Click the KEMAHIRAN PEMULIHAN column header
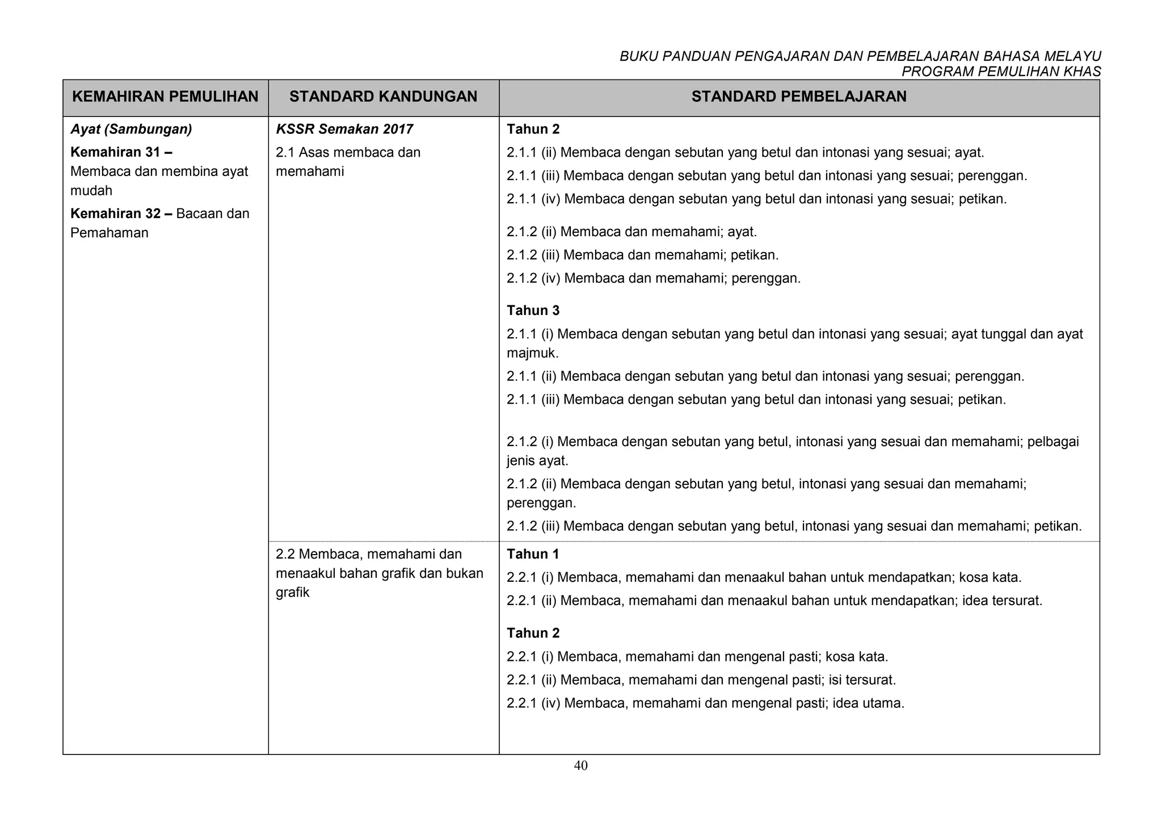(165, 97)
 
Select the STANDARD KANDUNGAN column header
(383, 97)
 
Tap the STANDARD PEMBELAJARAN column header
(799, 97)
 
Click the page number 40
(580, 766)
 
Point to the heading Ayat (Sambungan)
(131, 129)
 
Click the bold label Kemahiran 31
(121, 153)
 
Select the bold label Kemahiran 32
(121, 214)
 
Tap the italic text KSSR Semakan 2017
(344, 129)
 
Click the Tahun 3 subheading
(533, 311)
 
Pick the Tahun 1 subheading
(533, 554)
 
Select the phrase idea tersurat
(1002, 601)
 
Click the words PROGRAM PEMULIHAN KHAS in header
(1001, 72)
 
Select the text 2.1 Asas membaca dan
(348, 153)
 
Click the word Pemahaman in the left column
(109, 233)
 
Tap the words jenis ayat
(537, 461)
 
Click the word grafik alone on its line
(292, 593)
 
